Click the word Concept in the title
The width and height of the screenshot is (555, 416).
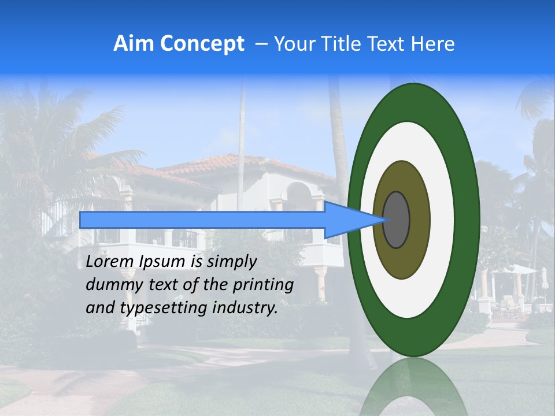coord(203,44)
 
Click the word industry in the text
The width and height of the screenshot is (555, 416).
coord(245,308)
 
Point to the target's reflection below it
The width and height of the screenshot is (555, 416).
coord(413,387)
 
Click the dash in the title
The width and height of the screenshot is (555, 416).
coord(261,44)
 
